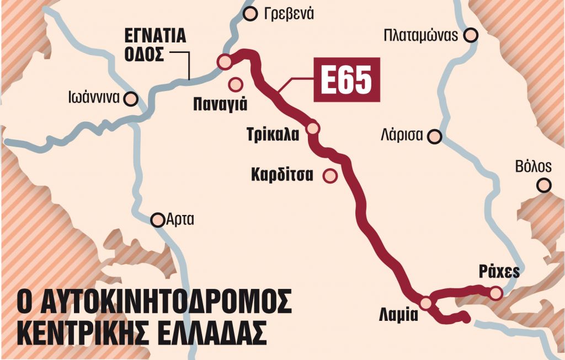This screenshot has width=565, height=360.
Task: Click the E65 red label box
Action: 347,79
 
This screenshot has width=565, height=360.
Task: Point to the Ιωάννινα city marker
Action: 131,99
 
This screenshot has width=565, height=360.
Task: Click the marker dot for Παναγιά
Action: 236,84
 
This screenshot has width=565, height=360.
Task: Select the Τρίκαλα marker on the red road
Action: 313,128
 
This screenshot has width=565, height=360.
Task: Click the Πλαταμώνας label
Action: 422,36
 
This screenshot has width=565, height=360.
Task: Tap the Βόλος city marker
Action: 545,185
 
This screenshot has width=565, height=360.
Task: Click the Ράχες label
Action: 500,273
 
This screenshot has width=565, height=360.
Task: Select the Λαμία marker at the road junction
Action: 425,303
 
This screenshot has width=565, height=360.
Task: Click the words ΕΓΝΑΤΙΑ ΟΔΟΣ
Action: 154,46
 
